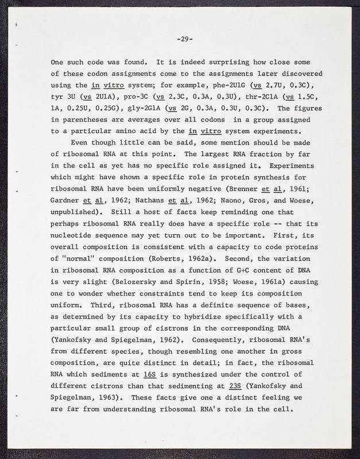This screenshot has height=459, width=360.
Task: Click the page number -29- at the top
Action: (x=184, y=40)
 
